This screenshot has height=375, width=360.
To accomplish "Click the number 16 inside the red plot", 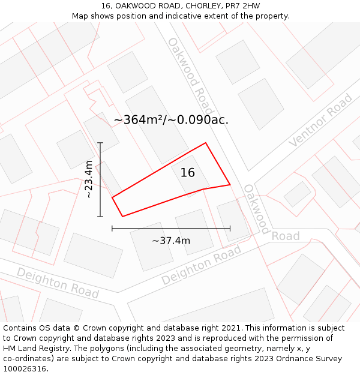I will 188,173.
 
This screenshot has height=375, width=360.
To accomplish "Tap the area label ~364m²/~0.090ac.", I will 171,120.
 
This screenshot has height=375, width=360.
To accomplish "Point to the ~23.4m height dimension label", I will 89,179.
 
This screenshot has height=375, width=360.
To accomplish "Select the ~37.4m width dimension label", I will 171,241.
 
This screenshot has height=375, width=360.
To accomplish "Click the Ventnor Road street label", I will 320,121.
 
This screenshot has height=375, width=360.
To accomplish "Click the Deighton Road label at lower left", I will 58,283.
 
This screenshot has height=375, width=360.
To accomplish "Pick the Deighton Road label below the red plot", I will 201,265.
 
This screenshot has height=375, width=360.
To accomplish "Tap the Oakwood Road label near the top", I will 190,76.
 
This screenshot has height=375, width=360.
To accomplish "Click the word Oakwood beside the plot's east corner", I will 256,209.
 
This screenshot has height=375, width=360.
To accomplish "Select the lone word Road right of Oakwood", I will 286,236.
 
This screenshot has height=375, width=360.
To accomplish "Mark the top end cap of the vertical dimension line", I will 100,143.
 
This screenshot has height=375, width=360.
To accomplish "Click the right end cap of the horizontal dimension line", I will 230,228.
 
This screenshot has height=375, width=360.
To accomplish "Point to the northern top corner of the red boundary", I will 206,143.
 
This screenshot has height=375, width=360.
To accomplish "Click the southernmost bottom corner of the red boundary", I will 122,216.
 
